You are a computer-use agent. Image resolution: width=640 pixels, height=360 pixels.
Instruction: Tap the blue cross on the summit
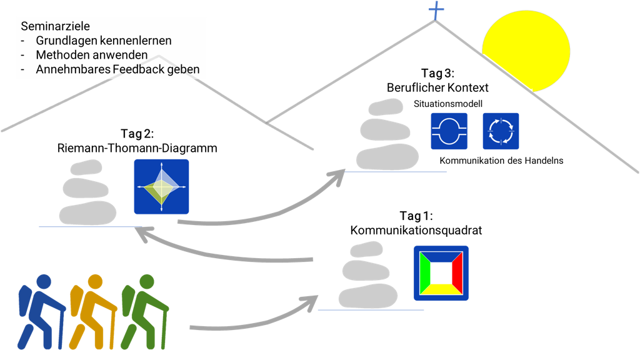434,11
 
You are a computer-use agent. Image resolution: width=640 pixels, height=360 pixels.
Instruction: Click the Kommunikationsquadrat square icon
441,273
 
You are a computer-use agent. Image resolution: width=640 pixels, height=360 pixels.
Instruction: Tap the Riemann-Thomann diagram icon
161,187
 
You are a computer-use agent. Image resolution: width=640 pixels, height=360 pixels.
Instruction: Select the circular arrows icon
501,131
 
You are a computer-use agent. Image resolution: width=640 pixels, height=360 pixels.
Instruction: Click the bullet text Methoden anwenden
91,55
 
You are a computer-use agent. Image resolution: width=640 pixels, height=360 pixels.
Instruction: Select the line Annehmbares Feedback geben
117,69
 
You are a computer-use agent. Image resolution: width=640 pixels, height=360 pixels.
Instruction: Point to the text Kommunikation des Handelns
501,161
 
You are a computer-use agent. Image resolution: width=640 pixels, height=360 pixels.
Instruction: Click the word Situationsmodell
444,102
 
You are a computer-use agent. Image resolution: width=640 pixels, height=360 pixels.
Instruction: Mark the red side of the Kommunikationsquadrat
457,273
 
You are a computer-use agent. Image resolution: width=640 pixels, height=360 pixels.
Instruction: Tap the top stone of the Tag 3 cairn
384,107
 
